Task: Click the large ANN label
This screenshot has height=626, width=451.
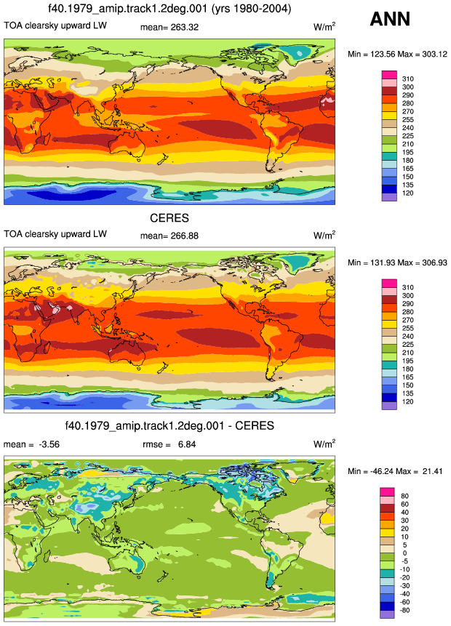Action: pos(390,19)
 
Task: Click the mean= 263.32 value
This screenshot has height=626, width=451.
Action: pos(169,27)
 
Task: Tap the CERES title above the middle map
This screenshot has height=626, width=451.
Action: pos(169,218)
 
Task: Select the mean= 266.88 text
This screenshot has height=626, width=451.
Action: pos(169,236)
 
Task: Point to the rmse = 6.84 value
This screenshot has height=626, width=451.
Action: pos(169,444)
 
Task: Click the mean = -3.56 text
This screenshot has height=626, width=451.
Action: pos(31,444)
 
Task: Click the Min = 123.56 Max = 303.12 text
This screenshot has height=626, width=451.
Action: pos(397,54)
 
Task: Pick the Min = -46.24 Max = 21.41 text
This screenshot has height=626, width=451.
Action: pos(395,471)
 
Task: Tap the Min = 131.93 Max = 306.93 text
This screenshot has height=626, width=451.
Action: pos(397,262)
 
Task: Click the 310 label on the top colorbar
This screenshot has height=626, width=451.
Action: pos(408,79)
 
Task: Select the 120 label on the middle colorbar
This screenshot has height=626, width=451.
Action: pos(408,401)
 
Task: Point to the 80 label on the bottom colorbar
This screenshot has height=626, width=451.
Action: pos(404,496)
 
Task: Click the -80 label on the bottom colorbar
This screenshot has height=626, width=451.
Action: pos(404,610)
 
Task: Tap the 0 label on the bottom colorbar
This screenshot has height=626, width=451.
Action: pos(404,553)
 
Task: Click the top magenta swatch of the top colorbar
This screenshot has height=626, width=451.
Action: pos(389,75)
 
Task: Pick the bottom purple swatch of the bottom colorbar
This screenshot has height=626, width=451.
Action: pos(387,614)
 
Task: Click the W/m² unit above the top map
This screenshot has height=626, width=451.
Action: pos(324,26)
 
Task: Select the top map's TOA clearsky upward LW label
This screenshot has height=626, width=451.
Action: pos(55,25)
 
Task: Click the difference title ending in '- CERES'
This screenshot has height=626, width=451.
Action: pos(169,425)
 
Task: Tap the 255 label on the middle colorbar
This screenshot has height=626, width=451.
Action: pos(408,328)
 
